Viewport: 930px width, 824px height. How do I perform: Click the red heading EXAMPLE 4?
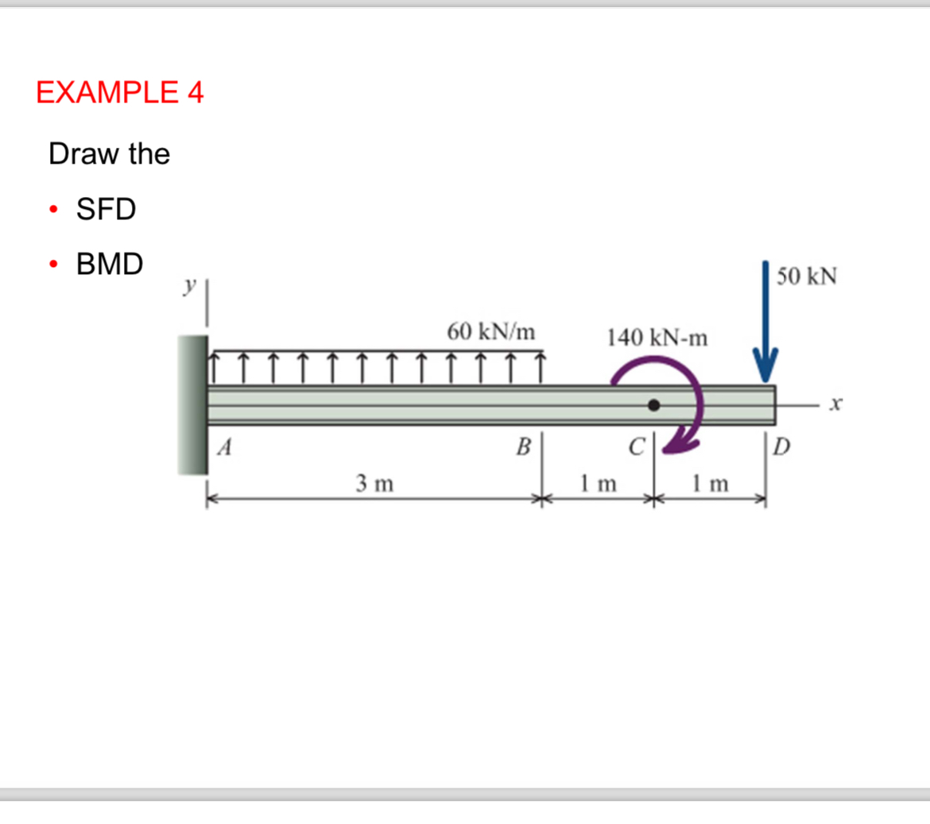(x=120, y=93)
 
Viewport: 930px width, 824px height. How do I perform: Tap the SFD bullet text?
(x=106, y=209)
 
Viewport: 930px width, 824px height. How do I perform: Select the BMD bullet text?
(x=109, y=264)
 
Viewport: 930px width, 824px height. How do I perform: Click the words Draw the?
(x=109, y=153)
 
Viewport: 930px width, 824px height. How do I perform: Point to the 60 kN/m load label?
(x=490, y=331)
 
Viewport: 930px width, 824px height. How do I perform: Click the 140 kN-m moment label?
(x=657, y=338)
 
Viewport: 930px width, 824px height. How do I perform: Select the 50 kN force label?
(x=806, y=277)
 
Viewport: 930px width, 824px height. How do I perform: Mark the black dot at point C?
(x=653, y=405)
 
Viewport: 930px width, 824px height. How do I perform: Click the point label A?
(x=226, y=448)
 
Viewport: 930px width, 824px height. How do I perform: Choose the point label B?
(x=523, y=447)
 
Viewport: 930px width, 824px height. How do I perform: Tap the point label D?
(x=782, y=447)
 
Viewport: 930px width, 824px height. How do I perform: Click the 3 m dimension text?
(x=374, y=482)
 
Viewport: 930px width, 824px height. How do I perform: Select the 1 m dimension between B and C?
(x=598, y=482)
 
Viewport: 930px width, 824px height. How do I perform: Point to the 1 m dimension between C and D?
(x=709, y=482)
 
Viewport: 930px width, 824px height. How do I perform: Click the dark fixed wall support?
(x=192, y=405)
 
